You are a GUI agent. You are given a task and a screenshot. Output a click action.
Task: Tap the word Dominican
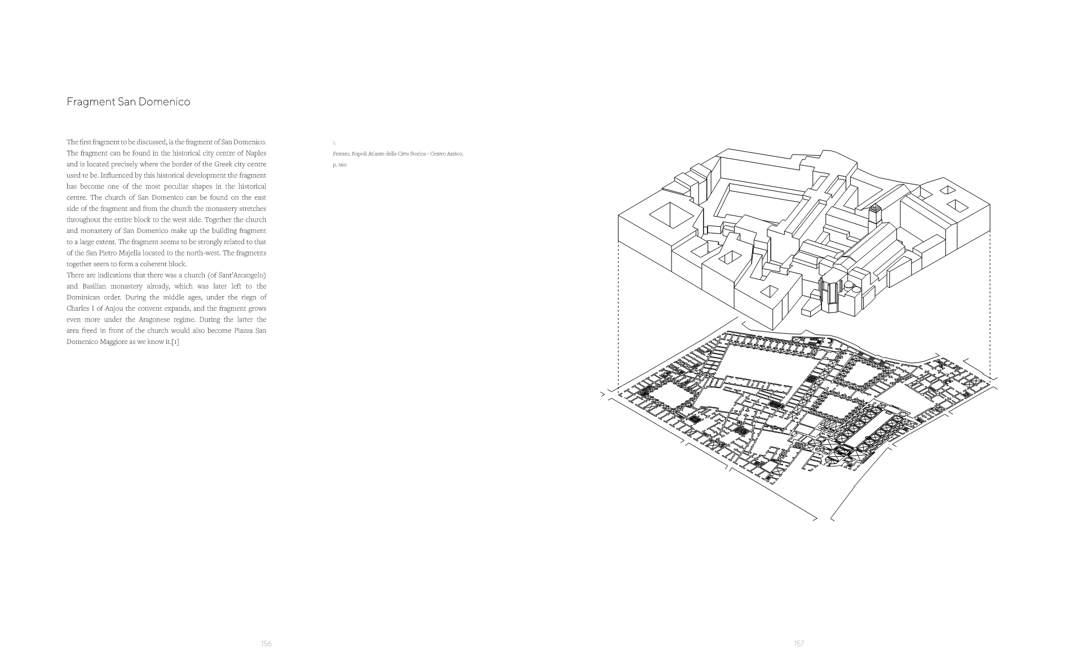point(83,297)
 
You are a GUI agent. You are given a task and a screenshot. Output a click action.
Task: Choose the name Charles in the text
point(78,308)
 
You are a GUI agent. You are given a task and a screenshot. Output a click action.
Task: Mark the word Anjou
point(122,308)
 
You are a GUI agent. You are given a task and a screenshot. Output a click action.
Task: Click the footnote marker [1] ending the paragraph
point(175,342)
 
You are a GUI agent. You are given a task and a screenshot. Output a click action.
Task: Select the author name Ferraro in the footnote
point(341,154)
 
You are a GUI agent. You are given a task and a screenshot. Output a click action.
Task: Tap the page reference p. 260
point(340,165)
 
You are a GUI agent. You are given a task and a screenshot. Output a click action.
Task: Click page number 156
point(267,643)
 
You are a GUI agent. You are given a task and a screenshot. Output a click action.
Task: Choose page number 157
point(799,643)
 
